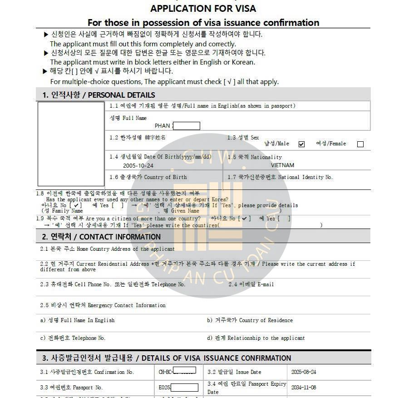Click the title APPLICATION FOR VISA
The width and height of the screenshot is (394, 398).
(x=203, y=9)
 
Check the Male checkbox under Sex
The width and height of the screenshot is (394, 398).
(x=301, y=144)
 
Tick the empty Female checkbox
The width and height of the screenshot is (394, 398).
(x=360, y=144)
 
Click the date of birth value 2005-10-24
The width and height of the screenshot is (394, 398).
(x=138, y=166)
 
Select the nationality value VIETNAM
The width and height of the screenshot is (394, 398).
(x=282, y=165)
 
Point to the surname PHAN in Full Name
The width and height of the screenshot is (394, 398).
(x=162, y=126)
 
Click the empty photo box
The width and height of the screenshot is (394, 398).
(x=71, y=144)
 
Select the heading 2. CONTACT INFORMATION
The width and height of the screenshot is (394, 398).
(x=101, y=237)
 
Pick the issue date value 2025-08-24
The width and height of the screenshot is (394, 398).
(x=304, y=372)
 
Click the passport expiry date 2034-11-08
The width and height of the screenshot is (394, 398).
(x=304, y=388)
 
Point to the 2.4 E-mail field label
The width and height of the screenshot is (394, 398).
(x=251, y=284)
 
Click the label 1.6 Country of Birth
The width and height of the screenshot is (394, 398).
(x=148, y=177)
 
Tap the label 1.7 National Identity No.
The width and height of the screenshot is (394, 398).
(x=280, y=177)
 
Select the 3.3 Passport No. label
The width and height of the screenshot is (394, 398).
(x=71, y=388)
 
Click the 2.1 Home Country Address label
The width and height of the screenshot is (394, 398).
(x=107, y=249)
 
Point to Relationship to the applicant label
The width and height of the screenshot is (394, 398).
(x=256, y=338)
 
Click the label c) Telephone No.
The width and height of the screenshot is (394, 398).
(x=73, y=338)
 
